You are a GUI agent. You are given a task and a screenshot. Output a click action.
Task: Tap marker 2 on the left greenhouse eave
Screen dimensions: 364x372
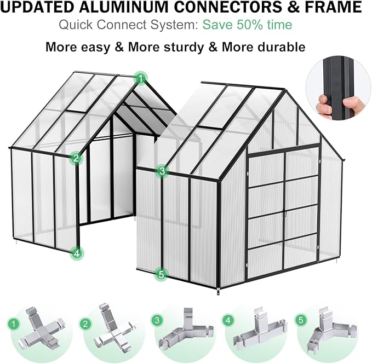(x=76, y=159)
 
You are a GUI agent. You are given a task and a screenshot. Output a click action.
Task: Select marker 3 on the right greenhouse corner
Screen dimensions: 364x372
(x=161, y=171)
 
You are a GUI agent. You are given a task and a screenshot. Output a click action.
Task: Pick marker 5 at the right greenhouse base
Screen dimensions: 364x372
(x=161, y=274)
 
